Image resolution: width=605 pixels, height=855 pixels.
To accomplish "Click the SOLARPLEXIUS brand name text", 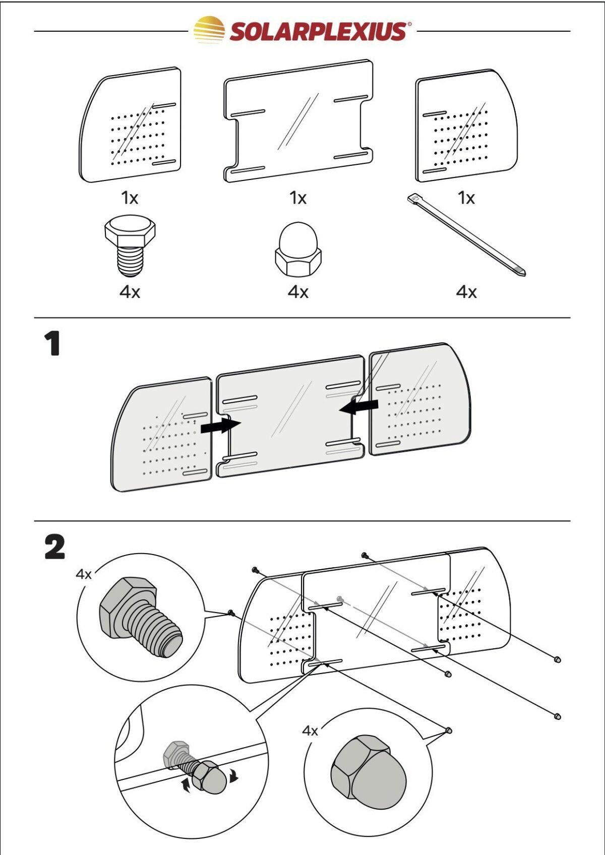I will point(318,31).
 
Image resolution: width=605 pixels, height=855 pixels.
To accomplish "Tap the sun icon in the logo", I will point(209,30).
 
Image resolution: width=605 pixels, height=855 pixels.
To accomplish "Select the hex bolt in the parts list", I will point(130,246).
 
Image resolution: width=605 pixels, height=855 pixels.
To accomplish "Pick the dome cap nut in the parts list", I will point(298,250).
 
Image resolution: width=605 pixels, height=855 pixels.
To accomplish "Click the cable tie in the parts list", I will point(466,235).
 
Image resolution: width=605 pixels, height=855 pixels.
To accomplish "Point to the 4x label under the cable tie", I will point(466,292).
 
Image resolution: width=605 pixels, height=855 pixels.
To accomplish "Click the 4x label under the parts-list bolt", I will point(130,292).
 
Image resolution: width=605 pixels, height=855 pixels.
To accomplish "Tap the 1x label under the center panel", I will point(298,198).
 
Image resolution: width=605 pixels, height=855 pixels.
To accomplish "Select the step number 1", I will point(52,344).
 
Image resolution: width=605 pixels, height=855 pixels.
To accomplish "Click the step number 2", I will point(54,547).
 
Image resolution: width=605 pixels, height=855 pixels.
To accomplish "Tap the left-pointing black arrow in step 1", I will point(359,406).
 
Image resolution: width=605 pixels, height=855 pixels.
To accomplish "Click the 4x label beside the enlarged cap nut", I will point(310,730).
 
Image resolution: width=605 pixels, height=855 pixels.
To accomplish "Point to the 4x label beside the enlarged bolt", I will point(84,574).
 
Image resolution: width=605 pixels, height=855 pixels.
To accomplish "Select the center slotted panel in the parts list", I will point(298,121).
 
